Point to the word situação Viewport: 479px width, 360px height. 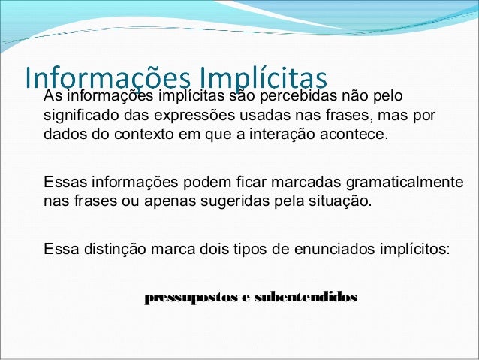[333, 202]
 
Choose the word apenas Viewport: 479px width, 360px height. [156, 202]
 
